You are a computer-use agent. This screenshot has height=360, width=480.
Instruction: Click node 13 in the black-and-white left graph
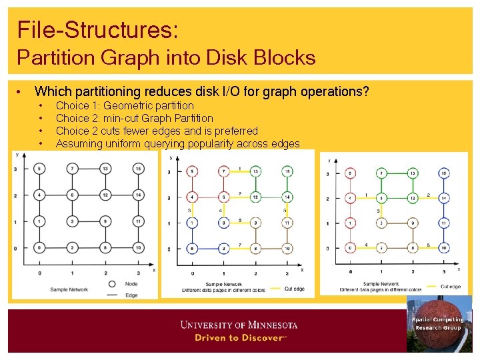(x=105, y=169)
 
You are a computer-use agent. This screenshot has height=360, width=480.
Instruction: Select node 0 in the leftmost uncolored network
(x=40, y=247)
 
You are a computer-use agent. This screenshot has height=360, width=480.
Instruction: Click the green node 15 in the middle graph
(x=287, y=171)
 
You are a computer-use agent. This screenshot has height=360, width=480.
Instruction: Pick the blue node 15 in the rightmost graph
(x=443, y=173)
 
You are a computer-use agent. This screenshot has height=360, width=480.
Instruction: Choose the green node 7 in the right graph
(x=381, y=173)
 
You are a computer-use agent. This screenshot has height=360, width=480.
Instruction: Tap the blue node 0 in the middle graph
(x=193, y=248)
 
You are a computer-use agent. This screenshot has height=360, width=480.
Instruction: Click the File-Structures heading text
(x=97, y=29)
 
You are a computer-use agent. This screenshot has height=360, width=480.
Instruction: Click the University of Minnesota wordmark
(x=239, y=325)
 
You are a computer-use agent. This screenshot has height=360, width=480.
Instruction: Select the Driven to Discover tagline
(x=239, y=338)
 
